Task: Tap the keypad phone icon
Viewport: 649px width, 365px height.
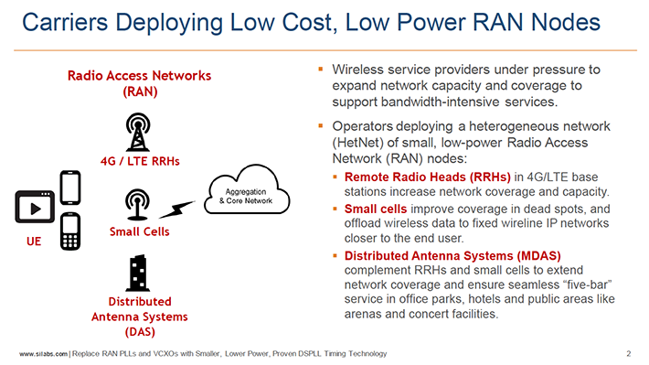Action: pos(70,231)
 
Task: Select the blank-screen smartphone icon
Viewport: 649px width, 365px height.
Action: pos(71,188)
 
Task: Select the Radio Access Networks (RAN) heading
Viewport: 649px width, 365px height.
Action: pos(139,82)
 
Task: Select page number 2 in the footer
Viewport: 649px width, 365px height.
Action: pos(629,353)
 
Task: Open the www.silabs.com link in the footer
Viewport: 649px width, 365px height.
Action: pos(43,353)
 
